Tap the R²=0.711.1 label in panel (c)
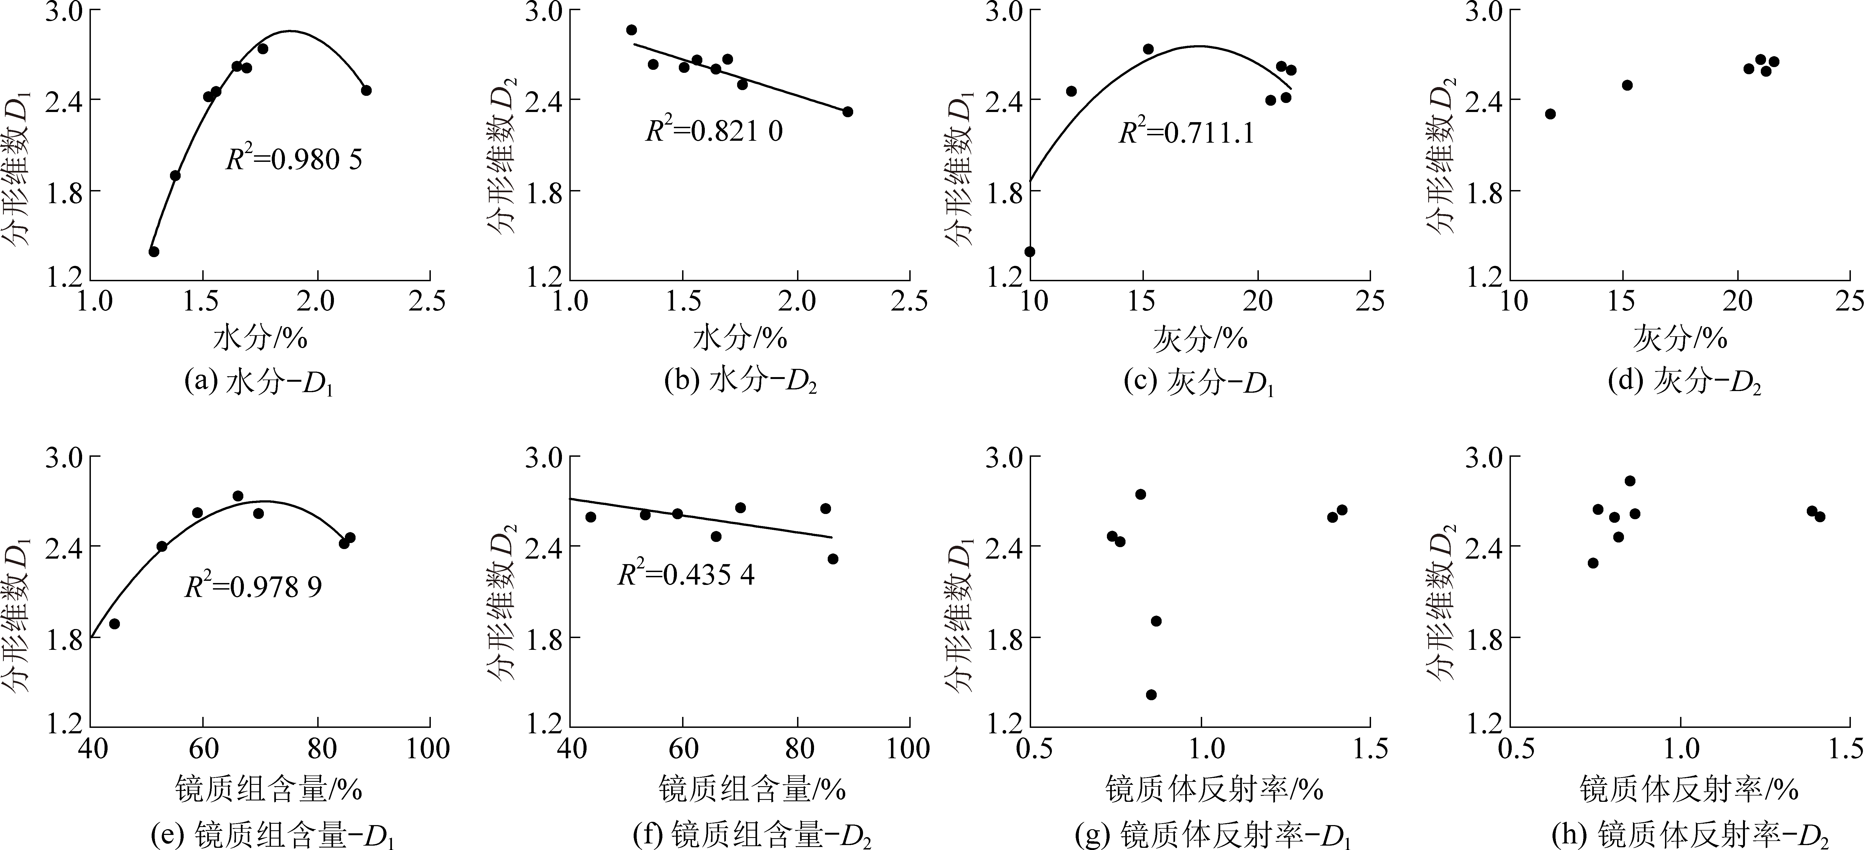[1187, 133]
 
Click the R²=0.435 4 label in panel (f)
[686, 575]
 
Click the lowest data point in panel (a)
[153, 251]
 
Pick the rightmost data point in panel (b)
[847, 111]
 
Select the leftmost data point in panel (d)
[1550, 114]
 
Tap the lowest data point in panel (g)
[1151, 694]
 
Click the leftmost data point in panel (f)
[590, 517]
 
